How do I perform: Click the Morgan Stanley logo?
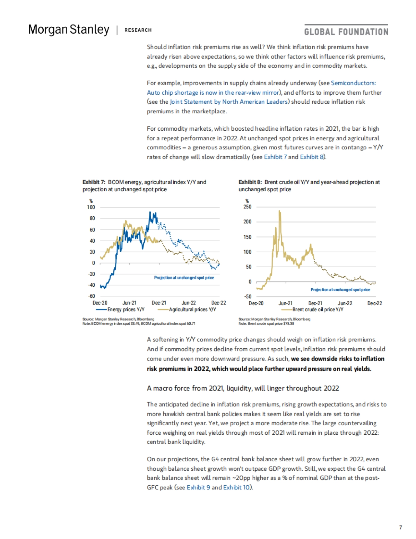[x=69, y=30]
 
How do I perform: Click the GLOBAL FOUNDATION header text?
[x=346, y=32]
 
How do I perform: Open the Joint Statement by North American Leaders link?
[x=229, y=102]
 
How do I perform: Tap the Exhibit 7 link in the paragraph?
[x=275, y=157]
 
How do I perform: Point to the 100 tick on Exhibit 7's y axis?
[x=91, y=207]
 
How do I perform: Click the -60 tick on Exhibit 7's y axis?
[x=91, y=296]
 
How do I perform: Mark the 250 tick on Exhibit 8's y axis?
[x=248, y=207]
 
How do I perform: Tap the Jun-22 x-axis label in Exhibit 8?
[x=345, y=303]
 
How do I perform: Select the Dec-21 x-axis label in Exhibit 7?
[x=159, y=303]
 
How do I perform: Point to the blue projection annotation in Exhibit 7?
[x=184, y=278]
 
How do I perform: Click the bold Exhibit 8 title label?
[x=250, y=182]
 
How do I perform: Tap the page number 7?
[x=400, y=527]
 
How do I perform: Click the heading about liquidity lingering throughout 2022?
[x=243, y=388]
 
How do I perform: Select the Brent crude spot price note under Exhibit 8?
[x=266, y=323]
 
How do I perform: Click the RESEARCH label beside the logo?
[x=138, y=30]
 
